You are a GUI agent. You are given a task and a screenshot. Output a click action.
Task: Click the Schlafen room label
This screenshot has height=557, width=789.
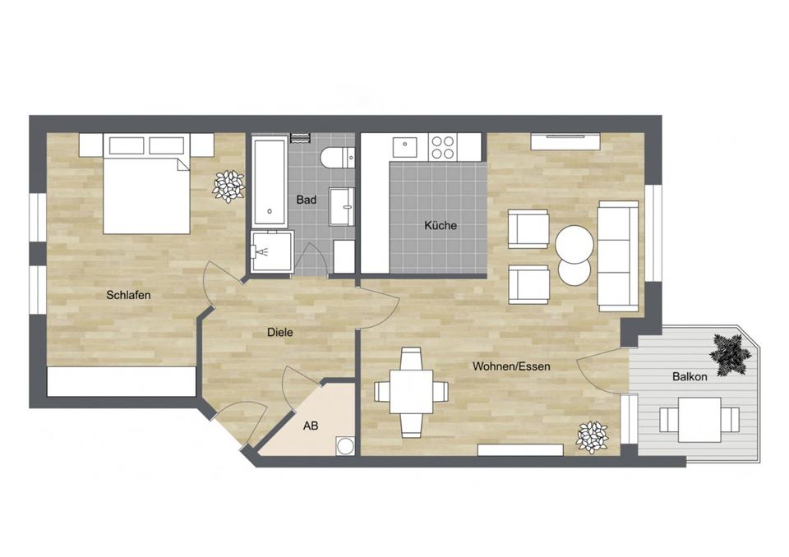tap(128, 295)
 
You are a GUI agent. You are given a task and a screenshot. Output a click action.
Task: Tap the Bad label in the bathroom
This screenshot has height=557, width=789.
tap(307, 200)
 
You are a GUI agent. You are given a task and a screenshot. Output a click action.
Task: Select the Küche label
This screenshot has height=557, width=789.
tap(440, 225)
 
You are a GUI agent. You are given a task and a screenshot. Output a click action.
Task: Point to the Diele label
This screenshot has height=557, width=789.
tap(280, 333)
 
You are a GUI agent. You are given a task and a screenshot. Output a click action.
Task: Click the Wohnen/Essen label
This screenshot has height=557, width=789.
tap(511, 366)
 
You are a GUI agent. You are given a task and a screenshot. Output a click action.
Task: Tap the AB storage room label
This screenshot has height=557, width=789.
tap(311, 426)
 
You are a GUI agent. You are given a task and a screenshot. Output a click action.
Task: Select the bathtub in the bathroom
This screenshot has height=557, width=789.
tap(270, 182)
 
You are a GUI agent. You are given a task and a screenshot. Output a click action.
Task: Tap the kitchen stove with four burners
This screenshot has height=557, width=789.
tap(443, 148)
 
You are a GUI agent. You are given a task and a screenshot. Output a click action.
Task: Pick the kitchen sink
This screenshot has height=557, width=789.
tap(405, 148)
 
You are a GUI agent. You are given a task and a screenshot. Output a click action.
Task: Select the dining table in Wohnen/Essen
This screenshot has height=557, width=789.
tap(411, 391)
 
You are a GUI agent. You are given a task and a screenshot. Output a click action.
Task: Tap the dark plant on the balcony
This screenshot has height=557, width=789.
tap(730, 354)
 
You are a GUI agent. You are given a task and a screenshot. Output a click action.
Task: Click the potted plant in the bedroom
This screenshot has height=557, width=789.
tap(228, 186)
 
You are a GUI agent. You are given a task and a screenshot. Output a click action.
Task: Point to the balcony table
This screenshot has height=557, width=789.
tap(699, 419)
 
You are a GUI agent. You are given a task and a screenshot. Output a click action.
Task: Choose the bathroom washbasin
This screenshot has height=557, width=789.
tap(342, 206)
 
